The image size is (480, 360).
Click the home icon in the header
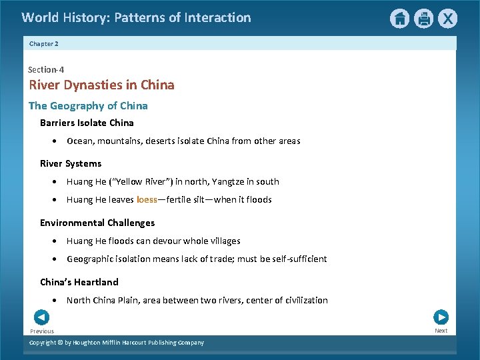pos(399,19)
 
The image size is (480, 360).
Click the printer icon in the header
pos(423,19)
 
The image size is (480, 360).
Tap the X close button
pos(447,19)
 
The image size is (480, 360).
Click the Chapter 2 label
pos(44,43)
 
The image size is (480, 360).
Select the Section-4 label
pos(46,69)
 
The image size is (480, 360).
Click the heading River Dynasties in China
pos(101,85)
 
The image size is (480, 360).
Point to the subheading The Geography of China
pos(88,105)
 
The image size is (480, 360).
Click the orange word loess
pos(147,199)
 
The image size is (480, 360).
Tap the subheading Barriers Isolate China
pos(87,123)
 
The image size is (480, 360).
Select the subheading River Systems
pos(71,163)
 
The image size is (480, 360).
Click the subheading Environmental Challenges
pos(97,223)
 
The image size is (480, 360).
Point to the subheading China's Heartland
pos(79,282)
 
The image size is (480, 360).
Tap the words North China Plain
pos(96,300)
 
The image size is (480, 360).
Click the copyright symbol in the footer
pos(60,343)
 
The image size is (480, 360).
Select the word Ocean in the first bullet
pos(80,141)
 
